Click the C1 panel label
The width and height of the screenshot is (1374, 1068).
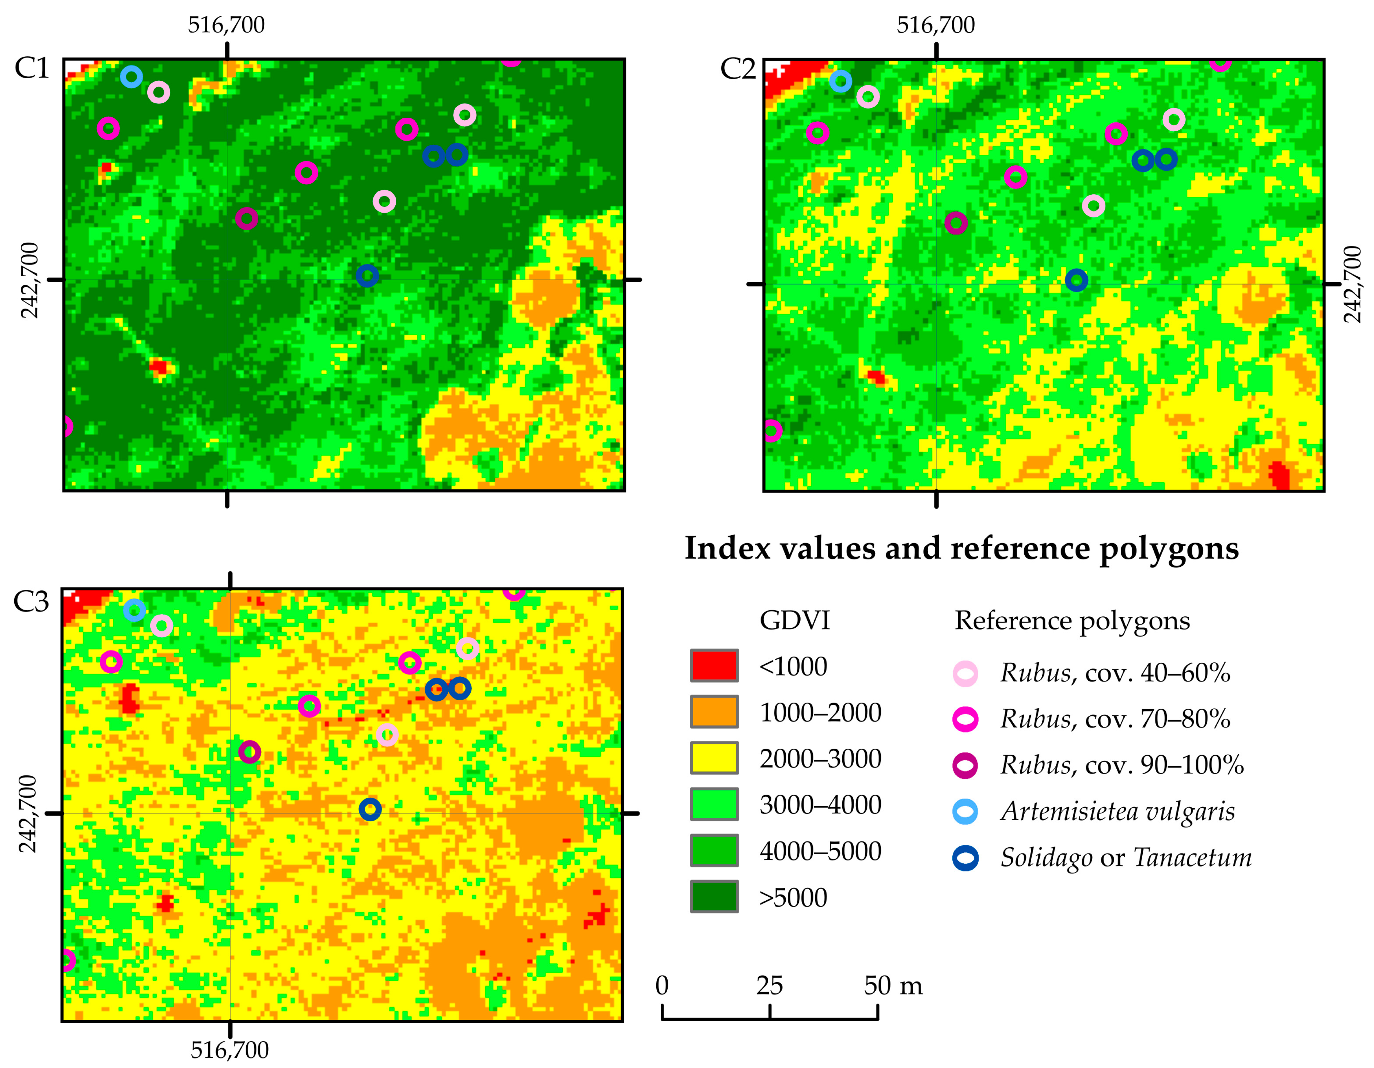click(x=31, y=68)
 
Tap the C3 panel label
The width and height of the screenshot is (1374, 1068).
click(x=31, y=602)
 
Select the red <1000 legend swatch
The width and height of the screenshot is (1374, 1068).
click(x=714, y=665)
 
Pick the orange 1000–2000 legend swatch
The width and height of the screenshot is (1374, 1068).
click(x=714, y=711)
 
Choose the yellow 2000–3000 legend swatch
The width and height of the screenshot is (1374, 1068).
click(x=714, y=758)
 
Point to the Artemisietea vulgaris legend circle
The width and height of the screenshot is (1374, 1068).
click(x=965, y=812)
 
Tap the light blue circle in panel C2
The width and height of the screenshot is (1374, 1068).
click(x=840, y=81)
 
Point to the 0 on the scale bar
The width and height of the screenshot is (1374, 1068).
click(x=662, y=985)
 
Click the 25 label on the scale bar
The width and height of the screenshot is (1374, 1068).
click(x=770, y=985)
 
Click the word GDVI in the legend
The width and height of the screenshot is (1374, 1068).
click(x=794, y=620)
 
